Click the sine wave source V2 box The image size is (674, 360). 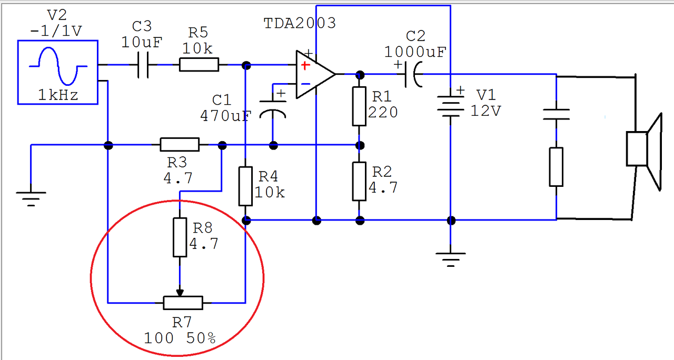click(x=58, y=41)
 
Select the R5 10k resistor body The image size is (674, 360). click(x=199, y=65)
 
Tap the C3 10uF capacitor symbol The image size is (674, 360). click(x=143, y=65)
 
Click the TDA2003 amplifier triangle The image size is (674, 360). click(x=315, y=74)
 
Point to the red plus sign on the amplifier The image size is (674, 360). click(x=305, y=66)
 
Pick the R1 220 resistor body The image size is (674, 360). click(x=359, y=106)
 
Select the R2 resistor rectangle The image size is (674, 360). click(x=359, y=182)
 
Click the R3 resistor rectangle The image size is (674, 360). click(x=180, y=145)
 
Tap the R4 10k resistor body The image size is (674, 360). click(x=245, y=186)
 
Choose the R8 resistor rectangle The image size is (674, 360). click(x=180, y=237)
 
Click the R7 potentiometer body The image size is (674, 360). click(x=183, y=303)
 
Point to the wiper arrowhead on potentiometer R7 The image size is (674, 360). click(x=180, y=293)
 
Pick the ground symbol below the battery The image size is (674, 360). click(x=450, y=259)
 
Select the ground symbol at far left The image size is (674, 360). click(x=31, y=199)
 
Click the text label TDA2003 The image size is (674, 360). click(x=300, y=23)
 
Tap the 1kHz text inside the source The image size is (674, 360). click(x=58, y=95)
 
